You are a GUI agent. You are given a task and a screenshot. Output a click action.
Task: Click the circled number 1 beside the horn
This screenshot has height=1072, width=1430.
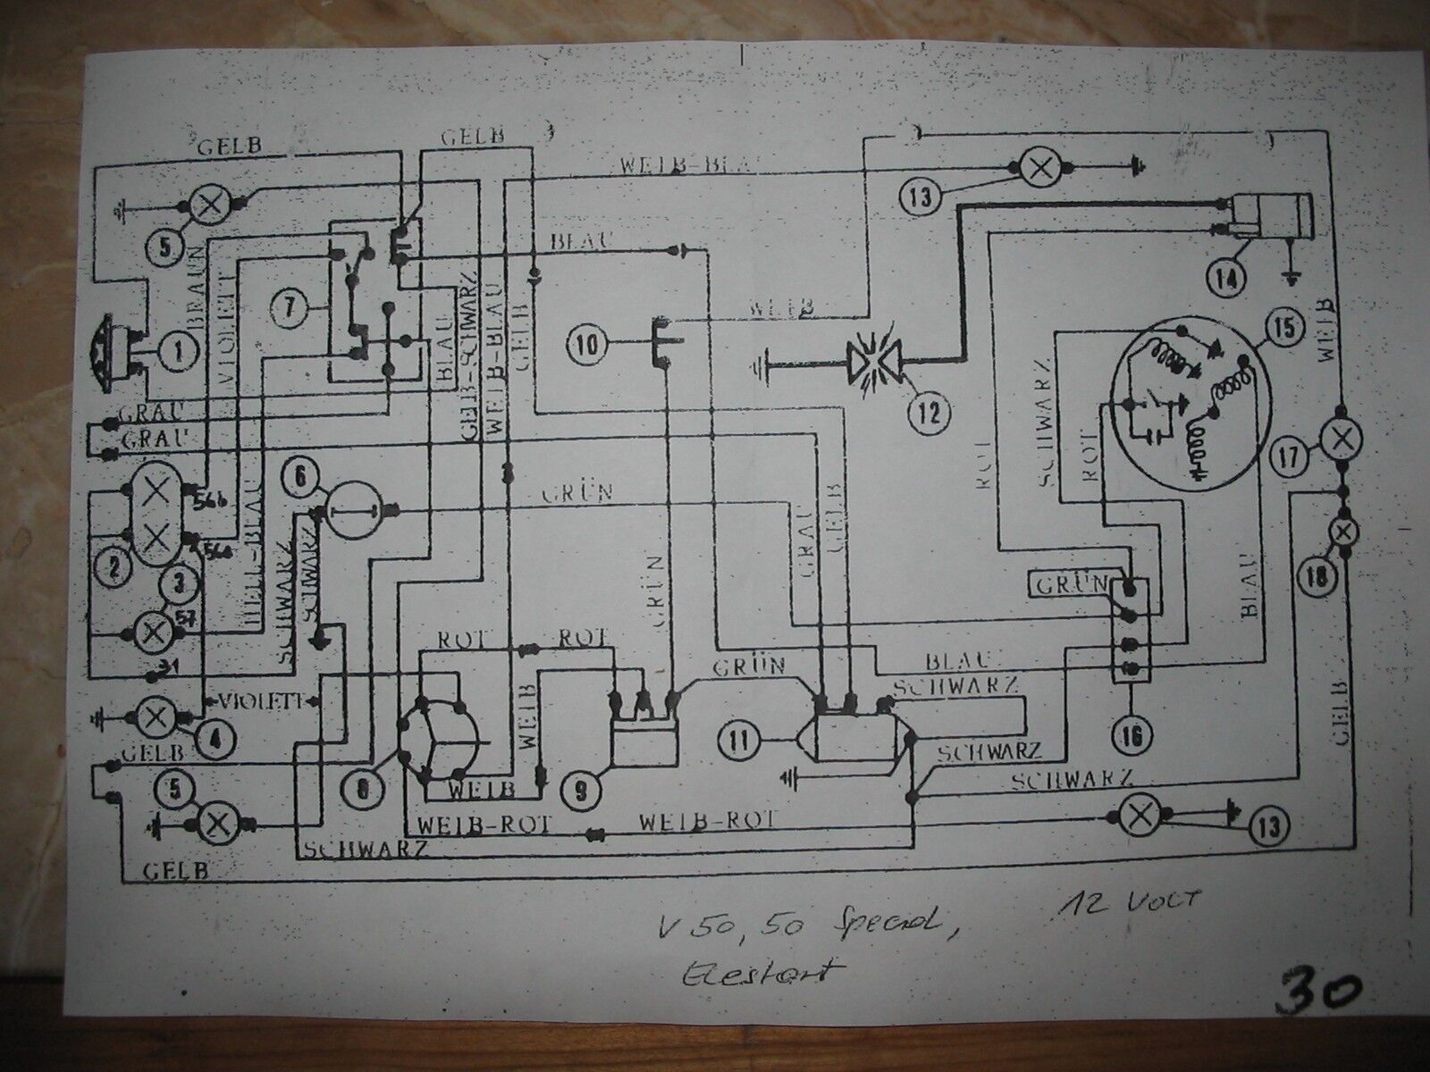coord(180,352)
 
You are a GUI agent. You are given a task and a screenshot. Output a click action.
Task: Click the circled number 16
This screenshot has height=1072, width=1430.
coord(1132,735)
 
